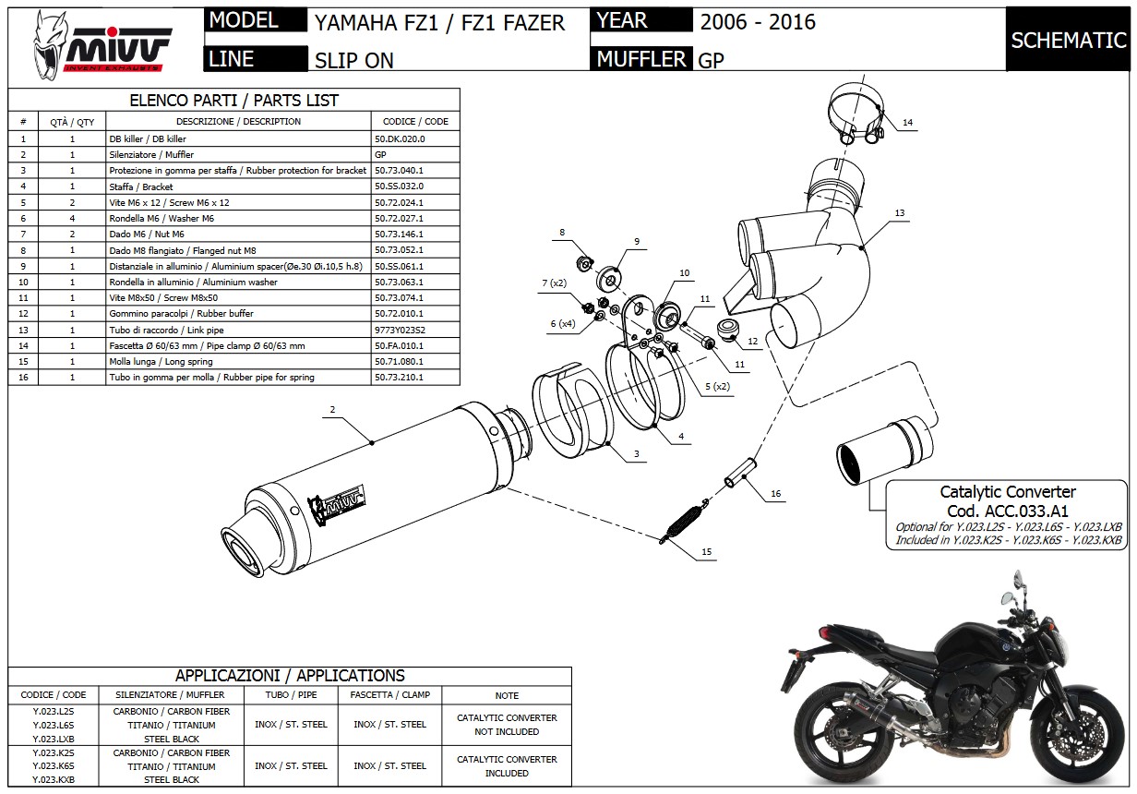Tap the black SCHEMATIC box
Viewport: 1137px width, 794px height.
(x=1069, y=41)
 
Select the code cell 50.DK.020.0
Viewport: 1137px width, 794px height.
(x=400, y=138)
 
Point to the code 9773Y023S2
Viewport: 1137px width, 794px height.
(x=401, y=330)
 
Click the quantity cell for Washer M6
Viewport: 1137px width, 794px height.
(x=72, y=218)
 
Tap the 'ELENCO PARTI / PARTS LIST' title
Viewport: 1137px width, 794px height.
(x=234, y=101)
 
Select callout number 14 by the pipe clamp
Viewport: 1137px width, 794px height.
(x=907, y=123)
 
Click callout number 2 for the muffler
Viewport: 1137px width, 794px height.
(x=332, y=409)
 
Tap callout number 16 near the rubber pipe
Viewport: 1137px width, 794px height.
(x=775, y=494)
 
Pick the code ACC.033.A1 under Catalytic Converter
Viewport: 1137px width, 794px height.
(x=1007, y=511)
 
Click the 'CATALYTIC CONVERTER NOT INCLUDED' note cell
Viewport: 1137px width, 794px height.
(x=507, y=725)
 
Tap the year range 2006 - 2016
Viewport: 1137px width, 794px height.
(x=758, y=22)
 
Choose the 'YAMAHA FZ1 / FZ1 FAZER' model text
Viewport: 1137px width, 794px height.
(x=439, y=23)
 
